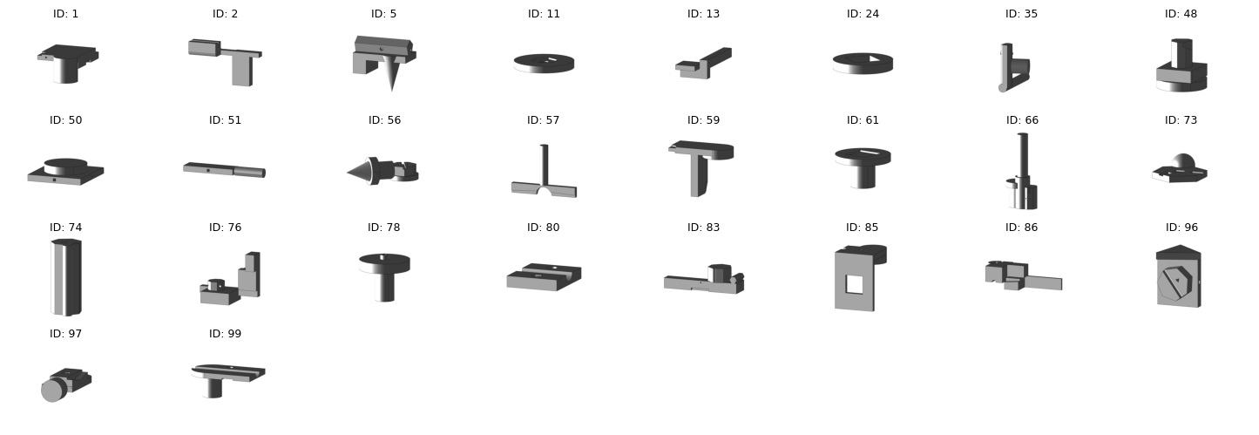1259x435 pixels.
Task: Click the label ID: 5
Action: (384, 14)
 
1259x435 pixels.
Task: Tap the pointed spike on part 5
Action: (392, 76)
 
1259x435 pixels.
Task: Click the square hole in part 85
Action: (855, 284)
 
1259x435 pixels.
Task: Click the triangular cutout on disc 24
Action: (873, 58)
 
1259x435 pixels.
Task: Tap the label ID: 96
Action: (1181, 228)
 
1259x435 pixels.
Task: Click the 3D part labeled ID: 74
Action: (66, 277)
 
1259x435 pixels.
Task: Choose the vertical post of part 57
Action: (544, 164)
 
